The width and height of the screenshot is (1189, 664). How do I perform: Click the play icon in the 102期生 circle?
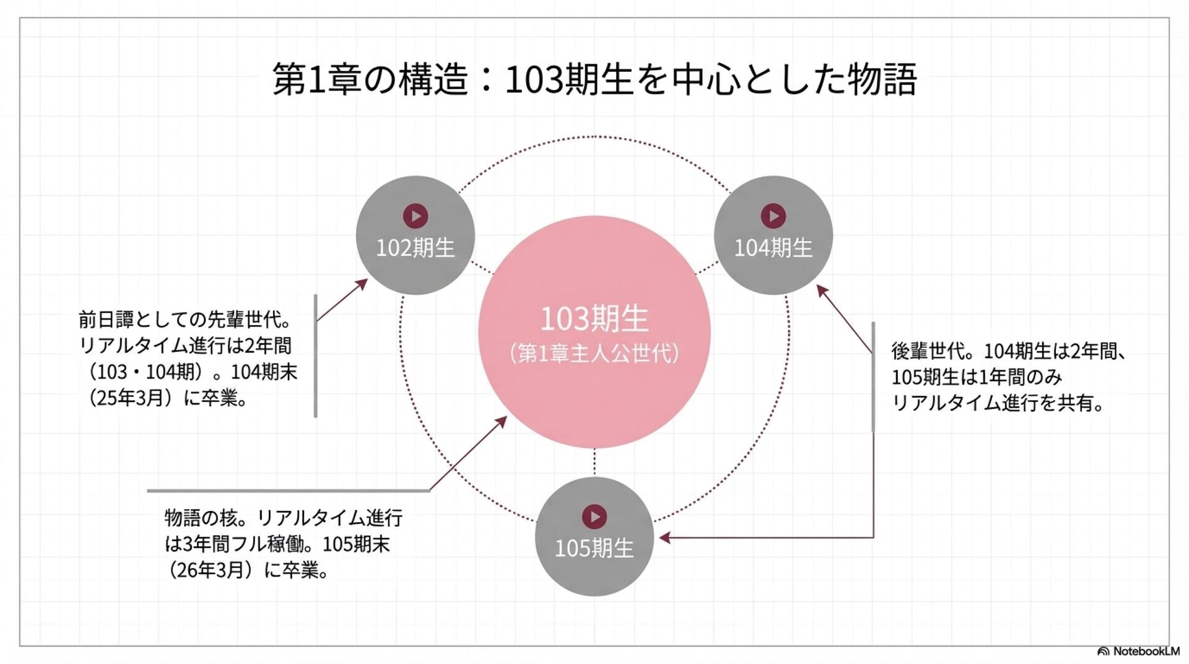click(x=416, y=216)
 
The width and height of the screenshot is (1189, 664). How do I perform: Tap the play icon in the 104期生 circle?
click(x=773, y=216)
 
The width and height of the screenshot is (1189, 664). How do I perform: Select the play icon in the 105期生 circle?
click(x=594, y=517)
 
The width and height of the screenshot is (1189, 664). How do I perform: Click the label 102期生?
click(x=416, y=248)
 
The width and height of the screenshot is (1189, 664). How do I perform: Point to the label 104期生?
click(x=773, y=248)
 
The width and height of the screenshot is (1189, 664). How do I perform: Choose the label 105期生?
click(x=594, y=548)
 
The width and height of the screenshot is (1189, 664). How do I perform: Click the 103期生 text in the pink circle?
click(x=594, y=319)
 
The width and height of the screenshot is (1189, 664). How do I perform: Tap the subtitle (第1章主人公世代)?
click(x=594, y=354)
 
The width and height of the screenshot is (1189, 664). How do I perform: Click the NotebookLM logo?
click(x=1138, y=651)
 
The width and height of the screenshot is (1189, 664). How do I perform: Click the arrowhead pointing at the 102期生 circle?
click(x=362, y=284)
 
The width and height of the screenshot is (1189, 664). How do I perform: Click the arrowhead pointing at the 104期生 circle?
click(x=822, y=290)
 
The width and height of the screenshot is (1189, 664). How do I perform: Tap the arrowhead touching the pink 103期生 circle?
click(x=502, y=421)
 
